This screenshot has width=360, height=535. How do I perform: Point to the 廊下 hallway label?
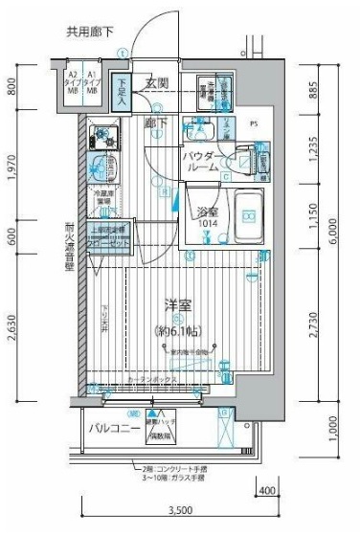tap(156, 123)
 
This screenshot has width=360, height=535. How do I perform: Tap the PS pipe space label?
tap(254, 123)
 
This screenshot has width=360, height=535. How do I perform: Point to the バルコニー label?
tap(111, 427)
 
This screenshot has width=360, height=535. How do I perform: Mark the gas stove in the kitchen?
tap(102, 140)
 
